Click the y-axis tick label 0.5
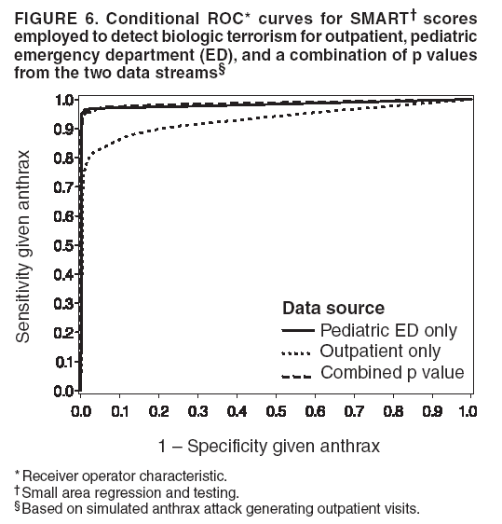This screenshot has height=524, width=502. [x=64, y=245]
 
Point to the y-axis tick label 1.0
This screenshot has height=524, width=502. [x=64, y=100]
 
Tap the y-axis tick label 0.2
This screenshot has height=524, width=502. [x=64, y=333]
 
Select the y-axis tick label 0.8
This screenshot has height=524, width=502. [x=64, y=158]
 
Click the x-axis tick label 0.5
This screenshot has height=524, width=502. [x=275, y=410]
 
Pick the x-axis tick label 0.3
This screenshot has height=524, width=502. [x=197, y=410]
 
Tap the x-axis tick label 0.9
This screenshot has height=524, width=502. [x=429, y=410]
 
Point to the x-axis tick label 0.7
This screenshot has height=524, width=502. [x=352, y=410]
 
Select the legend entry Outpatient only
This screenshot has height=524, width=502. [x=380, y=352]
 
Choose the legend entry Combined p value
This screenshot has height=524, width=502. [x=392, y=373]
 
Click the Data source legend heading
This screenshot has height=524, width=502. [x=333, y=309]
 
